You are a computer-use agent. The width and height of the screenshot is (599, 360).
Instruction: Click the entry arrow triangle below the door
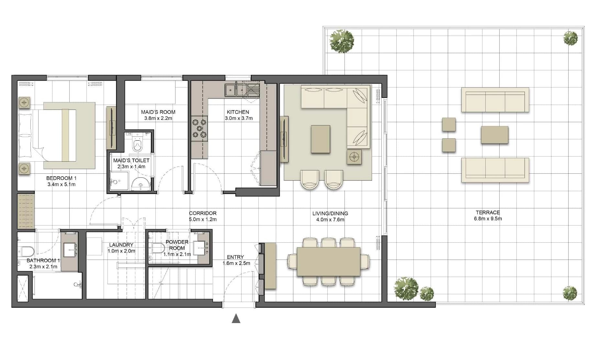pyautogui.click(x=236, y=319)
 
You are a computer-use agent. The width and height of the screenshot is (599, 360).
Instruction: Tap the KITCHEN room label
pyautogui.click(x=238, y=112)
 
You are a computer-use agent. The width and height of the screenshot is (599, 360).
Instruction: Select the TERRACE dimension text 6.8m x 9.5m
pyautogui.click(x=488, y=219)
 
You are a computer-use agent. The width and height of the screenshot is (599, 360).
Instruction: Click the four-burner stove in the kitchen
pyautogui.click(x=199, y=128)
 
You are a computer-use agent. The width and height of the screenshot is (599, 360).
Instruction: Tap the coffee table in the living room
pyautogui.click(x=321, y=139)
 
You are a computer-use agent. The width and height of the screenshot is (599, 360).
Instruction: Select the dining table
pyautogui.click(x=329, y=262)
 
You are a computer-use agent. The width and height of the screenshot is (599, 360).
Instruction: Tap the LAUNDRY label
pyautogui.click(x=121, y=245)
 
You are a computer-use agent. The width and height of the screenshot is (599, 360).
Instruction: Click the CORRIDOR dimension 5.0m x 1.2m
pyautogui.click(x=203, y=219)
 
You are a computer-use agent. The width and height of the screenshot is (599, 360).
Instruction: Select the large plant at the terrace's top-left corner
pyautogui.click(x=341, y=41)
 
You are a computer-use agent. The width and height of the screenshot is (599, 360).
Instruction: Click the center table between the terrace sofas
pyautogui.click(x=494, y=135)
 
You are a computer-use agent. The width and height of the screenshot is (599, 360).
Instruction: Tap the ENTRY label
pyautogui.click(x=235, y=257)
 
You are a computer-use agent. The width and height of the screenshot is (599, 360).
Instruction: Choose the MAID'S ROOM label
pyautogui.click(x=158, y=112)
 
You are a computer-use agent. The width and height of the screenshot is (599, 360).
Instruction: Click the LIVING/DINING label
pyautogui.click(x=330, y=214)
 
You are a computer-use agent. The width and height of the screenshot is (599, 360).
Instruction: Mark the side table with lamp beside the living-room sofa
pyautogui.click(x=354, y=157)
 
